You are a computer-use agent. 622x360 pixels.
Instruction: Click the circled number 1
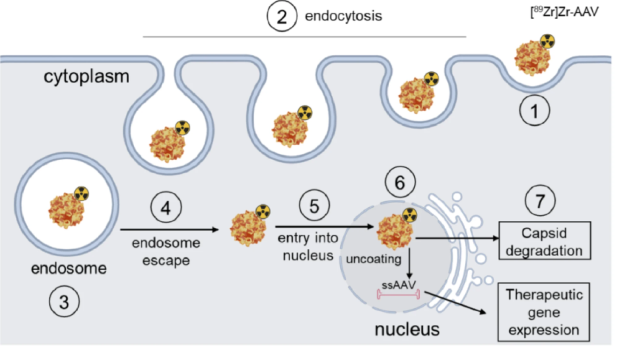536,113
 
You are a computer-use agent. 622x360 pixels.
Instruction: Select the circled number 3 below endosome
64,303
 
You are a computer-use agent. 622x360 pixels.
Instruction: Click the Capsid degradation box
544,242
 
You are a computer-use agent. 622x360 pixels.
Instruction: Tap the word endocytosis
343,17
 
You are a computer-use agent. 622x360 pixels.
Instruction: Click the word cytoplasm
86,77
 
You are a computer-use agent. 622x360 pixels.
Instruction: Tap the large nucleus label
406,329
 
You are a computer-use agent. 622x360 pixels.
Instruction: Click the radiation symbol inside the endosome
82,194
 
